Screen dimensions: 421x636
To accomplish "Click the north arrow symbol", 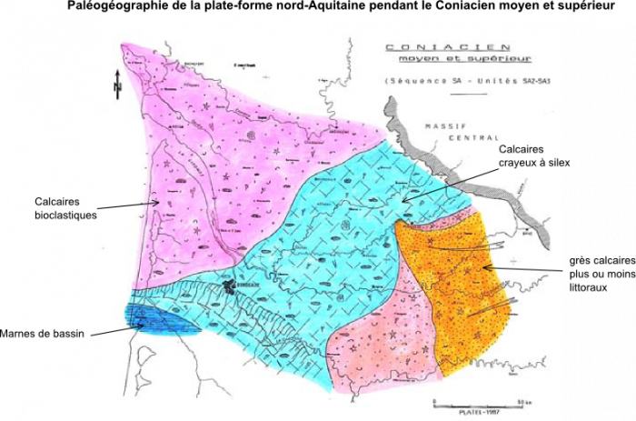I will (117, 85).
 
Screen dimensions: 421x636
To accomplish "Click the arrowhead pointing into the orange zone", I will (484, 266).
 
